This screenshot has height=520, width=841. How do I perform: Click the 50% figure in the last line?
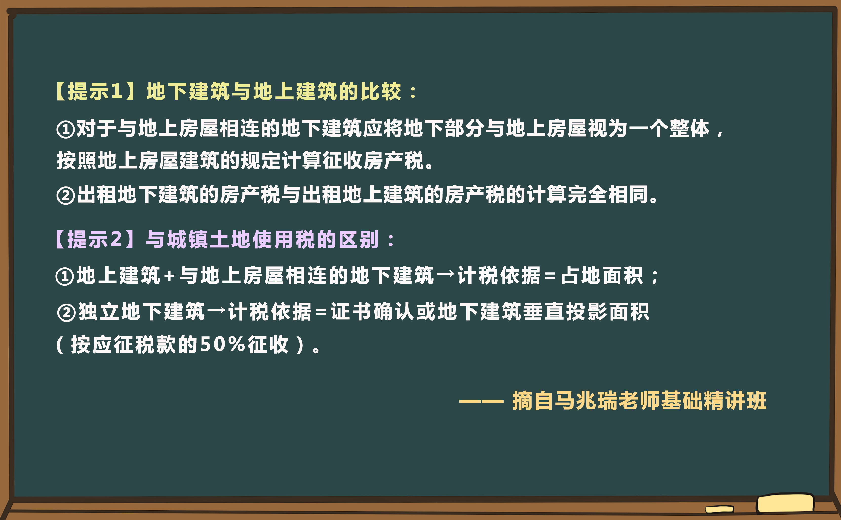[222, 344]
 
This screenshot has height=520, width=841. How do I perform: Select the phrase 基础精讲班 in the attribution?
[714, 401]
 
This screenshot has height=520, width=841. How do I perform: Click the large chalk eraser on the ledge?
[785, 504]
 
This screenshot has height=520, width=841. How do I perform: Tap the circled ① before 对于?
[65, 130]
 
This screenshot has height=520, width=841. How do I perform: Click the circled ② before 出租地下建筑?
[65, 195]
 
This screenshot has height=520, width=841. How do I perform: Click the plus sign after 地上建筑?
[169, 276]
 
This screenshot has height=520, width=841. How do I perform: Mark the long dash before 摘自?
[481, 401]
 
